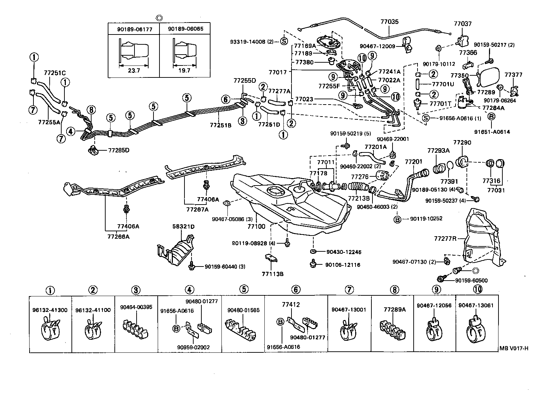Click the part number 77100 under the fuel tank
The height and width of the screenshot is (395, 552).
click(256, 226)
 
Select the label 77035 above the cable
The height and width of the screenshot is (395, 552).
click(389, 21)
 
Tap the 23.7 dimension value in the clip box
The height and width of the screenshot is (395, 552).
click(133, 70)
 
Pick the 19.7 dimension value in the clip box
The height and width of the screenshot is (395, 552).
click(184, 70)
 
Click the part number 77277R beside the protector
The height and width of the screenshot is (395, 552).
click(445, 238)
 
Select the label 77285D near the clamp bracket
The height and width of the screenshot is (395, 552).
click(119, 150)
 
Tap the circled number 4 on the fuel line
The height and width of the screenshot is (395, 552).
click(71, 131)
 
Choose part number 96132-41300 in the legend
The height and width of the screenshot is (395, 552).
click(50, 310)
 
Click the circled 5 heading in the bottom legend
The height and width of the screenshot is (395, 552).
click(244, 289)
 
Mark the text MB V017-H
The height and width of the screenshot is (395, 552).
click(514, 349)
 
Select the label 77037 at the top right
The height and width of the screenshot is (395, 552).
click(463, 24)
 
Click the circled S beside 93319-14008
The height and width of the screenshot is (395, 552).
click(284, 42)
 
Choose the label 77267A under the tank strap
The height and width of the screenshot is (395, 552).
click(197, 209)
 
